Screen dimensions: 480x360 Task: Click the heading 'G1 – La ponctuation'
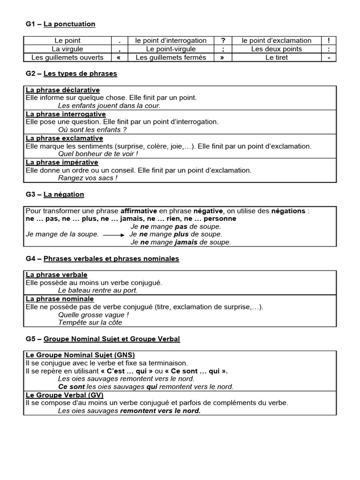(60, 24)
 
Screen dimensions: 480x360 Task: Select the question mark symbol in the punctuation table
(223, 41)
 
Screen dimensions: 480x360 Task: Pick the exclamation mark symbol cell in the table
(329, 41)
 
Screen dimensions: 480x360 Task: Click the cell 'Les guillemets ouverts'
(67, 57)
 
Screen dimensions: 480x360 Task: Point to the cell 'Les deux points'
(277, 49)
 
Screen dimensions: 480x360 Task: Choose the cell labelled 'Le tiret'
(277, 57)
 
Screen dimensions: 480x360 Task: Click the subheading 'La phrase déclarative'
(63, 90)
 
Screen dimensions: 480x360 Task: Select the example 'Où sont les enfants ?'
(92, 129)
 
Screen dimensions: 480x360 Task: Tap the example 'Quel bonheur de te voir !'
(98, 154)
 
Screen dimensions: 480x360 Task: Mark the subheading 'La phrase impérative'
(62, 162)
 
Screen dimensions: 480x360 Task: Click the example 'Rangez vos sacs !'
(88, 178)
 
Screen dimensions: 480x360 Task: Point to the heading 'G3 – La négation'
(55, 194)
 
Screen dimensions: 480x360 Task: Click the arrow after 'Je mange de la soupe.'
(114, 234)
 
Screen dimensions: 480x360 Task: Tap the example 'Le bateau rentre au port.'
(98, 291)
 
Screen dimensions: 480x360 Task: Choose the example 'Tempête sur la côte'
(90, 322)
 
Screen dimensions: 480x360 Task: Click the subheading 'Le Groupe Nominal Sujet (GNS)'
(80, 355)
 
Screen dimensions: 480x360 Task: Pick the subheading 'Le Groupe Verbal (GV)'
(65, 395)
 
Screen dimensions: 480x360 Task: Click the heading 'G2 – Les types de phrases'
(72, 74)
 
